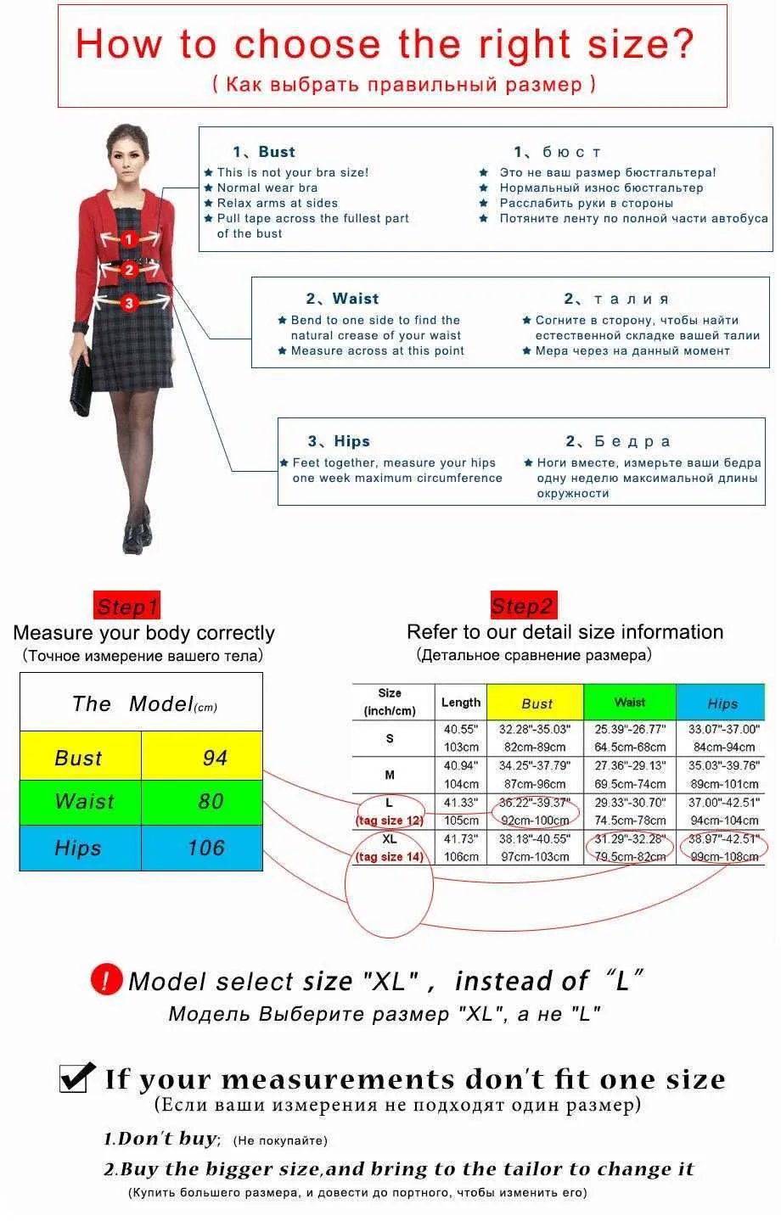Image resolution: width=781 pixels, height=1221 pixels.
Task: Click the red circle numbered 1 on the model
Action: click(x=129, y=239)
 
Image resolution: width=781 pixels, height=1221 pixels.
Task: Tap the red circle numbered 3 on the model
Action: click(x=129, y=303)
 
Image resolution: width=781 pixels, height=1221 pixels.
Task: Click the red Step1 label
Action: click(x=127, y=606)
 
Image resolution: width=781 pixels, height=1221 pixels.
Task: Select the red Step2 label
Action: click(x=524, y=605)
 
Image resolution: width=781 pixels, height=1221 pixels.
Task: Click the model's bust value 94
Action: click(x=215, y=758)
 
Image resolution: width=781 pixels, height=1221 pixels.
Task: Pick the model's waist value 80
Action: click(x=211, y=801)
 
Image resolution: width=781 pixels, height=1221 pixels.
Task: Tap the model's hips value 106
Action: click(x=206, y=848)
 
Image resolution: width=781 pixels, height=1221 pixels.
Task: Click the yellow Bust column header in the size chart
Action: click(x=536, y=703)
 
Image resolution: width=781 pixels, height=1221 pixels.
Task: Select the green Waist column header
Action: click(x=630, y=703)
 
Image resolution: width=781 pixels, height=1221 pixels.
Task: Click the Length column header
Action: click(x=461, y=703)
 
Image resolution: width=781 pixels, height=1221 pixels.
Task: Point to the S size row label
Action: click(x=390, y=738)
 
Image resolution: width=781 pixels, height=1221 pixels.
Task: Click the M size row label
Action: click(x=390, y=776)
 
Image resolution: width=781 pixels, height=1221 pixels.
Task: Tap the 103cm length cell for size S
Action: click(x=462, y=748)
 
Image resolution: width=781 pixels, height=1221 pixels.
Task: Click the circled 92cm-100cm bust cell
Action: click(x=535, y=821)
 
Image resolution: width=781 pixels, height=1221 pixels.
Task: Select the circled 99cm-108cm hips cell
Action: click(x=724, y=856)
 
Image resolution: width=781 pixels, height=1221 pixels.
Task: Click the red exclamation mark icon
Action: click(x=106, y=979)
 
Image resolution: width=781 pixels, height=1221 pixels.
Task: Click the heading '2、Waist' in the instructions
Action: click(x=342, y=299)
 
